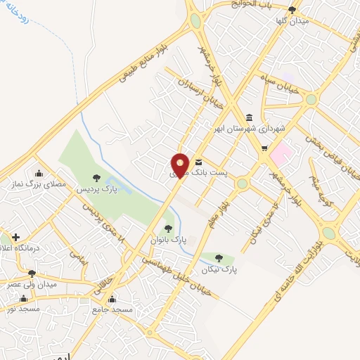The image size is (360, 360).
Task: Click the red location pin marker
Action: (x=181, y=166)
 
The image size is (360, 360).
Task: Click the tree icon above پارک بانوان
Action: (x=168, y=227)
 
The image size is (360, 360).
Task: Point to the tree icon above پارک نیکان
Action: (x=221, y=258)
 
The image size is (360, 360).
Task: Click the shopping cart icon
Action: (x=264, y=148)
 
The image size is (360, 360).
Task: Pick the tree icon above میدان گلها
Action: (x=292, y=9)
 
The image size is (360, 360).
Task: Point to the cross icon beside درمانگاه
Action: (x=15, y=236)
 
